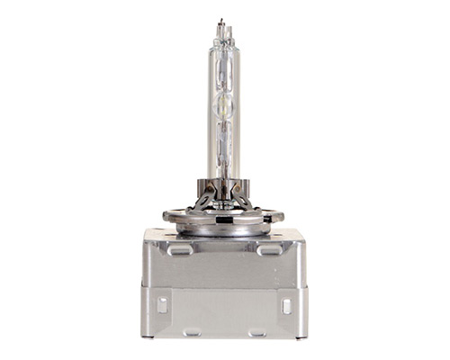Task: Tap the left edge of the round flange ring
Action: [165, 216]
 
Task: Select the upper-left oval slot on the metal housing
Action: [178, 250]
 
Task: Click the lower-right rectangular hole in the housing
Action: [285, 306]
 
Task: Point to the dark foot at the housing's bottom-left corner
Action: [147, 336]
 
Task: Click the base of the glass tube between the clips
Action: [222, 184]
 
